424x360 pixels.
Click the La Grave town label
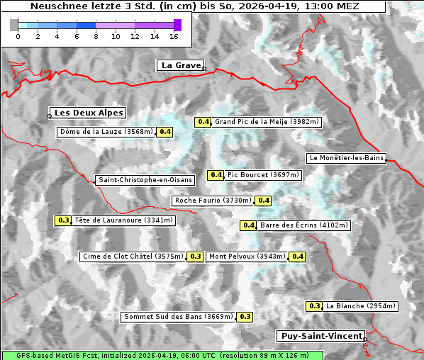pos(181,65)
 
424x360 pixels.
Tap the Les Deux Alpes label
pos(89,113)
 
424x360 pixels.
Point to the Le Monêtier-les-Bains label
pos(346,158)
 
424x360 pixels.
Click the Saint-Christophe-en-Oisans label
pos(145,180)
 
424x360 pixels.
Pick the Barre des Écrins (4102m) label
pos(304,225)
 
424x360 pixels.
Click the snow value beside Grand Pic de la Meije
pos(203,122)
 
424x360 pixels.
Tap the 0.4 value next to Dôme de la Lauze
pos(164,132)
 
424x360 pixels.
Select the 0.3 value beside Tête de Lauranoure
pos(64,220)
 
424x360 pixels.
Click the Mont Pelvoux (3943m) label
pos(247,257)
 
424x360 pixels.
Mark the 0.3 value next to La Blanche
pos(315,306)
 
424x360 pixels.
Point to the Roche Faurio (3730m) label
pos(213,201)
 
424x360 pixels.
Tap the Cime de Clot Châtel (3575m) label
pos(133,257)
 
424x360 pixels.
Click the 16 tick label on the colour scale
pos(174,36)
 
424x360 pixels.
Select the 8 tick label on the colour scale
pos(96,36)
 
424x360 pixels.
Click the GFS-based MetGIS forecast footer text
pos(162,355)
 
